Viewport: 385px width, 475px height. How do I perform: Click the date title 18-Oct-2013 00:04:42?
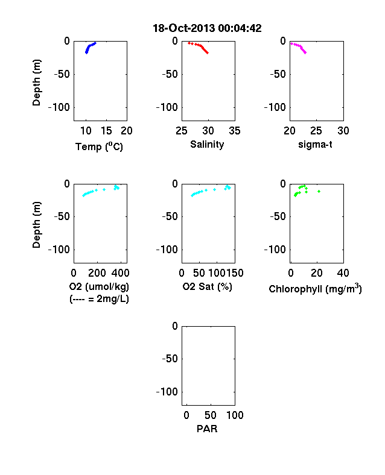click(207, 28)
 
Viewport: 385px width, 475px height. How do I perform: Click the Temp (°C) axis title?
click(99, 146)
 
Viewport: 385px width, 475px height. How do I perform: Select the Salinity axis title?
click(207, 145)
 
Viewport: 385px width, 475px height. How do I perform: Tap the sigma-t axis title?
click(315, 145)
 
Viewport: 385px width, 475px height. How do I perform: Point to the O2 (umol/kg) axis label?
click(99, 286)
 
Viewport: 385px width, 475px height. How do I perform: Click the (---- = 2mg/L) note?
click(99, 299)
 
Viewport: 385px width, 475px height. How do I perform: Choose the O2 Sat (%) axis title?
click(208, 286)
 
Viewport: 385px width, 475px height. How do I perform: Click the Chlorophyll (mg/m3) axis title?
click(315, 289)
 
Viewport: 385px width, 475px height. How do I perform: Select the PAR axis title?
click(207, 429)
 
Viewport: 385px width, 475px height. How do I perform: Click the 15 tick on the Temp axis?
click(106, 131)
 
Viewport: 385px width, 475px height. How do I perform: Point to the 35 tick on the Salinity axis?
click(235, 131)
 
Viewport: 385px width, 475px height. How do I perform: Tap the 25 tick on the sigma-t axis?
click(316, 131)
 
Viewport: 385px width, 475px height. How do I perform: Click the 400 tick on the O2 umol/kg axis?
click(120, 273)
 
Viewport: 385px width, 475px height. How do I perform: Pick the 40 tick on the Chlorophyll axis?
click(343, 273)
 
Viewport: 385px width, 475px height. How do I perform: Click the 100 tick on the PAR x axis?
click(235, 415)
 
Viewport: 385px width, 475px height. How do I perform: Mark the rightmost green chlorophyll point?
click(319, 191)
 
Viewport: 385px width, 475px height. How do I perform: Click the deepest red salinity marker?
click(208, 52)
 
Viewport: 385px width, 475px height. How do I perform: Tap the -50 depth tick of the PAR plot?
click(170, 359)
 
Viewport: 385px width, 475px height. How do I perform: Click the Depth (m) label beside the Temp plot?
click(36, 83)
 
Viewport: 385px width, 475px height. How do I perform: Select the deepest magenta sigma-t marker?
click(305, 52)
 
